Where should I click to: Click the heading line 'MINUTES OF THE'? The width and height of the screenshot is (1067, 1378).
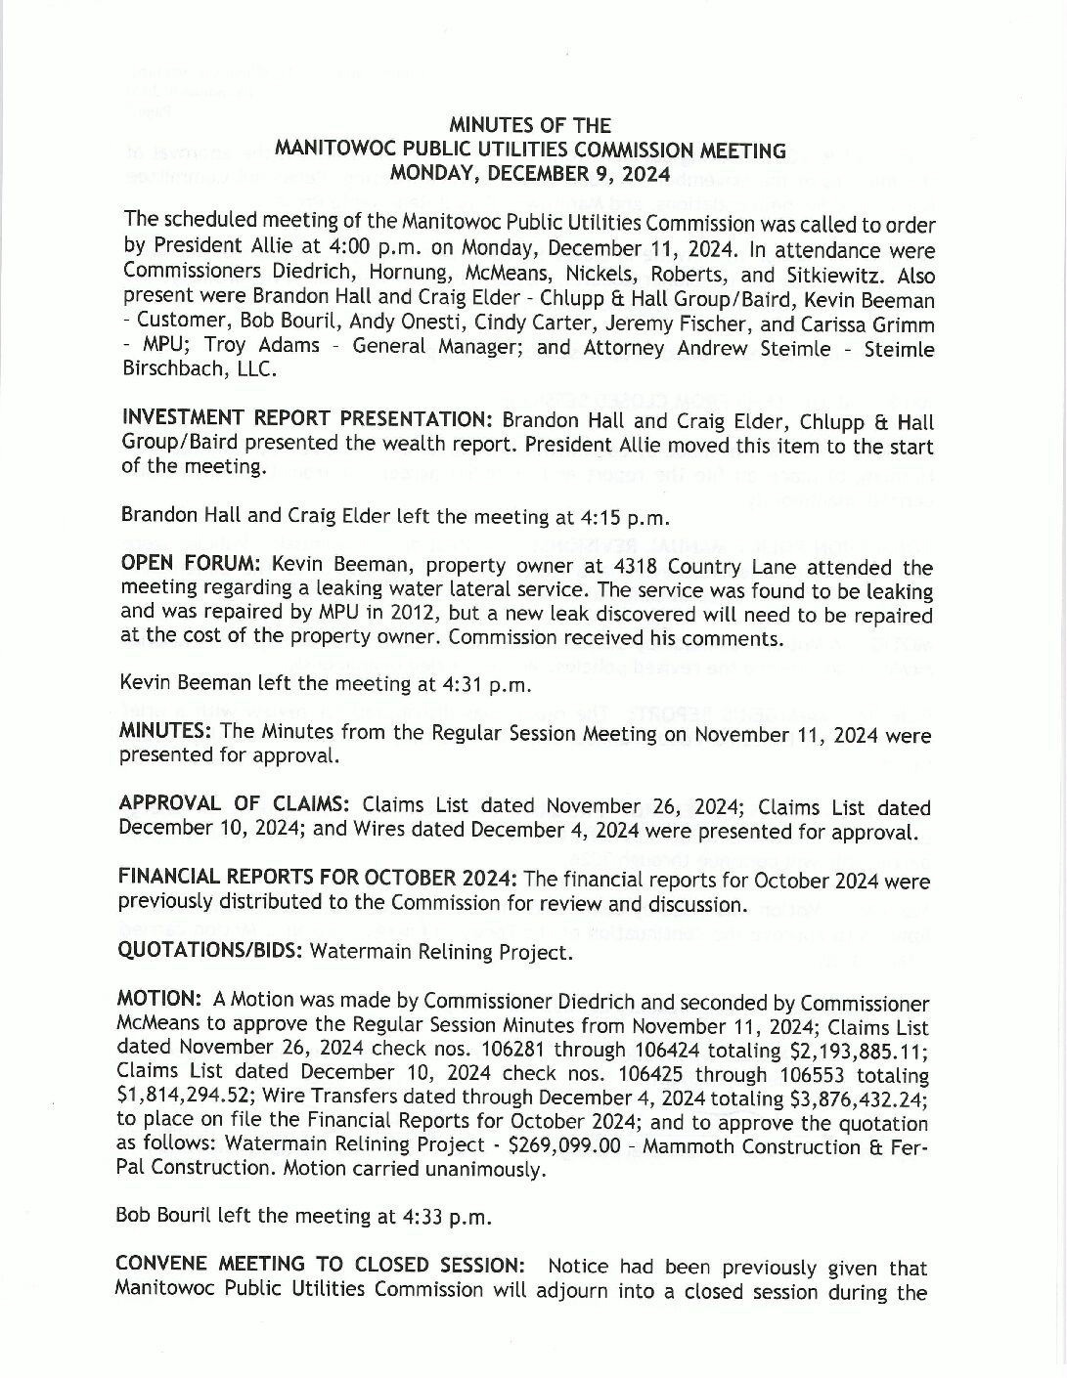point(529,125)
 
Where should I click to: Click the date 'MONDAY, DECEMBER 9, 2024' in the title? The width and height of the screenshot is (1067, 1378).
point(529,174)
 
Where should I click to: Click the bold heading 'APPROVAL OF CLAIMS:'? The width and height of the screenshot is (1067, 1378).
point(234,804)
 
